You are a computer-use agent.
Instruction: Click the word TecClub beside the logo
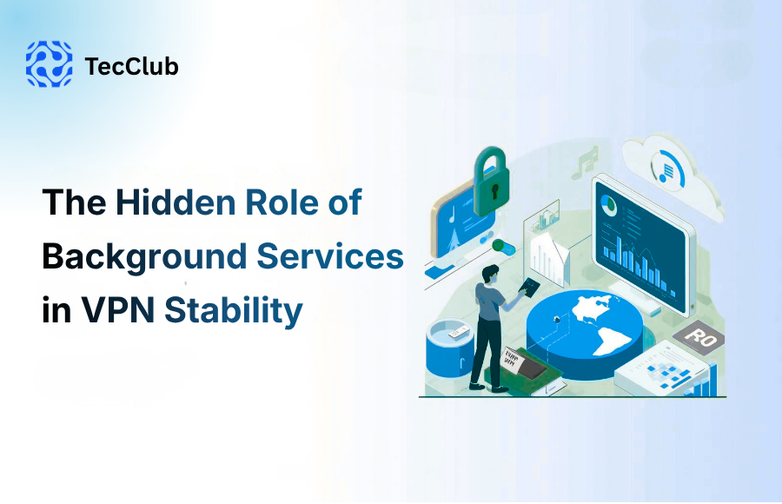pyautogui.click(x=132, y=66)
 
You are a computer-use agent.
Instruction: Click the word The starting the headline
pyautogui.click(x=74, y=202)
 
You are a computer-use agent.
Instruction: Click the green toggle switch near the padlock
pyautogui.click(x=502, y=246)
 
